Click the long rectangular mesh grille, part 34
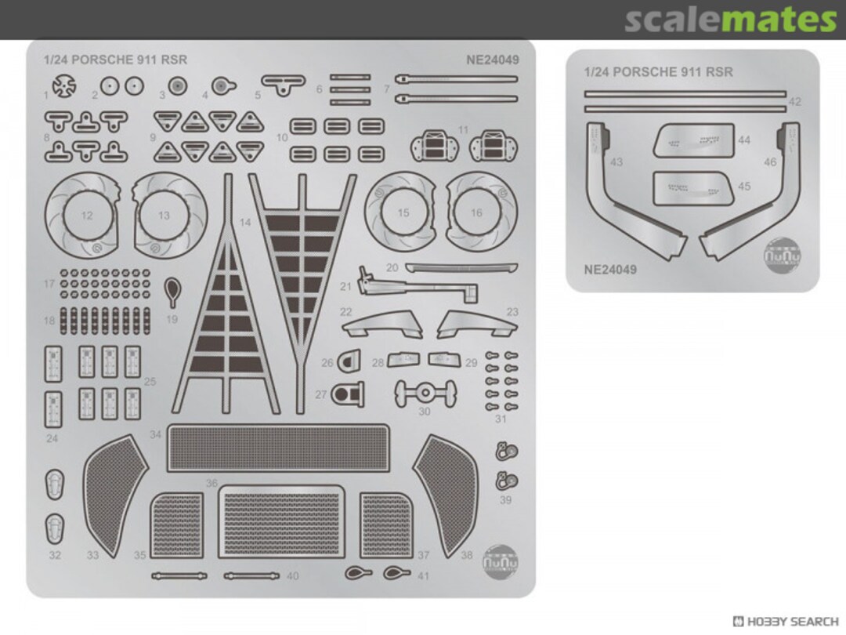coord(278,448)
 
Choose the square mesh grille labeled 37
coord(385,525)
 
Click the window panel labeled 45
coord(693,188)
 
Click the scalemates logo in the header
coord(730,20)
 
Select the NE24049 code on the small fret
coord(610,270)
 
